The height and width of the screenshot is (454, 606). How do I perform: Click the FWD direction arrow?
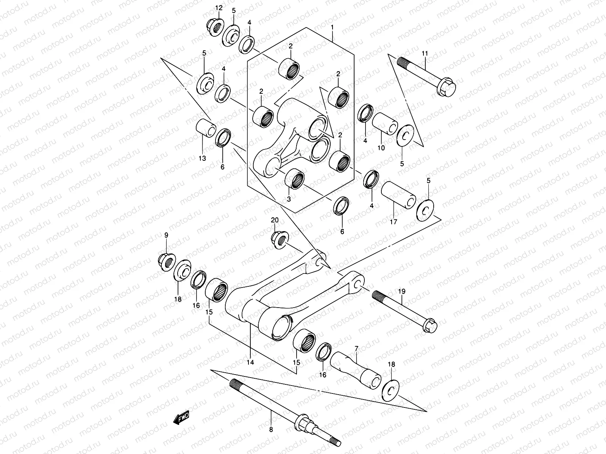[181, 418]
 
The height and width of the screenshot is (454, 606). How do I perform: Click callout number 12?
[219, 8]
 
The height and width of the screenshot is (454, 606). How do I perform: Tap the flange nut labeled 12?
[215, 26]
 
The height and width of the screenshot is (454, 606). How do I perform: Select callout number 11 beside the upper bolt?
[425, 54]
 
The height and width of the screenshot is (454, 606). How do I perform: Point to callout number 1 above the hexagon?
[332, 27]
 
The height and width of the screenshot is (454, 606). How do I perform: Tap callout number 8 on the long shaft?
[271, 429]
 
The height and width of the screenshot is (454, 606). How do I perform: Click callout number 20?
[275, 220]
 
